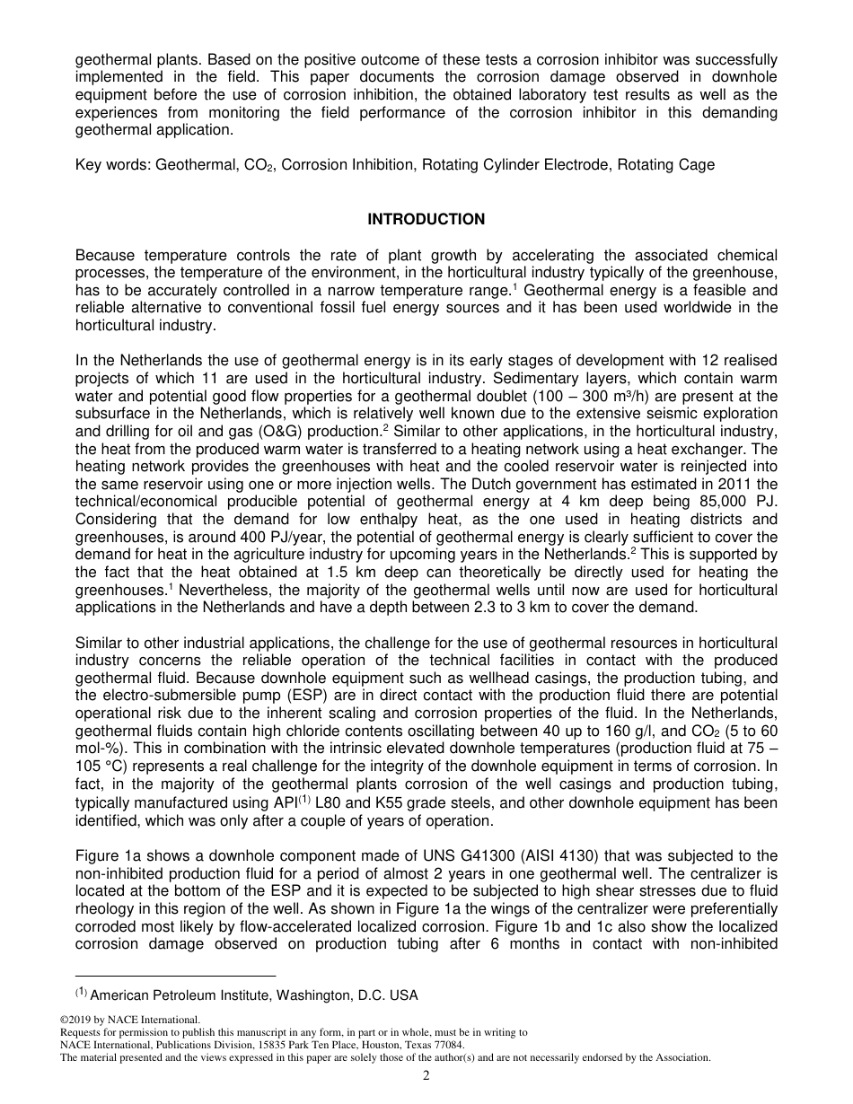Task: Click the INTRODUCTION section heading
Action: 426,219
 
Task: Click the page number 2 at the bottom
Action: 426,1076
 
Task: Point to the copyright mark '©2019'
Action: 75,1021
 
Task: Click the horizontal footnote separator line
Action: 175,976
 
